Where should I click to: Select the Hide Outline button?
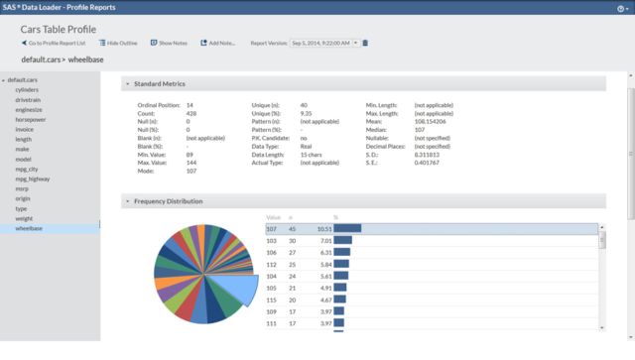click(121, 44)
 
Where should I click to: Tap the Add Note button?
click(219, 44)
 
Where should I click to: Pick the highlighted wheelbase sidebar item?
click(29, 229)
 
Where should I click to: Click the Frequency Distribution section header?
click(169, 201)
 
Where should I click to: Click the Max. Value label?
click(155, 163)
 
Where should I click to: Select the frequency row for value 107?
click(432, 227)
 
